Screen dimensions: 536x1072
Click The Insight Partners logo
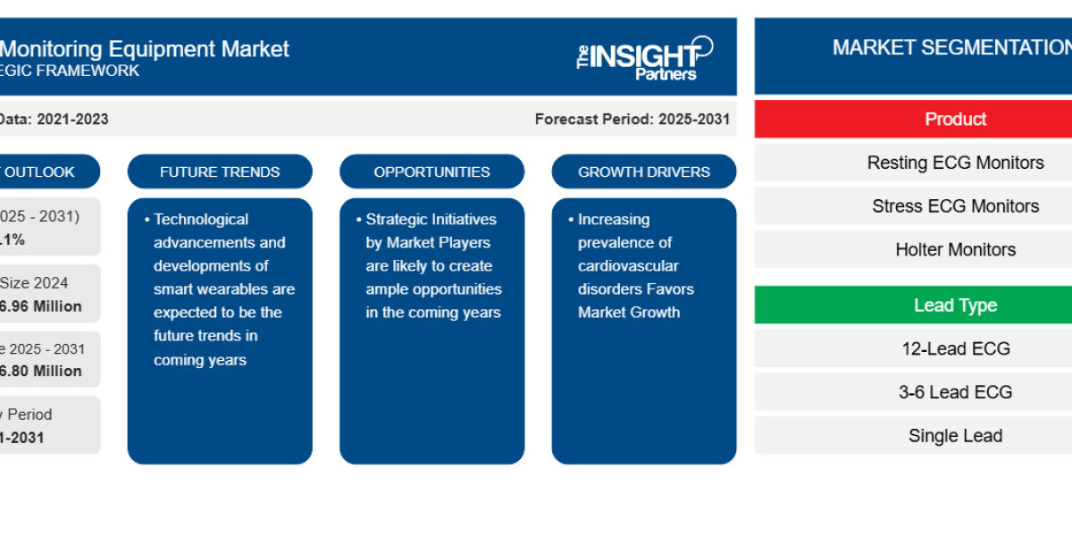click(x=644, y=58)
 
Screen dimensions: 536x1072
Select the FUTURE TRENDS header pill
click(x=220, y=172)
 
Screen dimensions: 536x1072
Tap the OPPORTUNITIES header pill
click(x=431, y=172)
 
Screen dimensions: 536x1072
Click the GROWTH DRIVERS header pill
click(x=643, y=172)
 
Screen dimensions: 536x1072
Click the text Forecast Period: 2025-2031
click(x=632, y=119)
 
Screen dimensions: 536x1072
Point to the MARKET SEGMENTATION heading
click(x=951, y=48)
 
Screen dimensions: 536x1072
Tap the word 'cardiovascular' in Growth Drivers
click(x=628, y=265)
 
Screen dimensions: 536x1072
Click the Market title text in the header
click(x=143, y=48)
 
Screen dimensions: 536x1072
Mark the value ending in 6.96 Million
click(x=43, y=306)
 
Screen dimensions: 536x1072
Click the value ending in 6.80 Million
click(x=43, y=371)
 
